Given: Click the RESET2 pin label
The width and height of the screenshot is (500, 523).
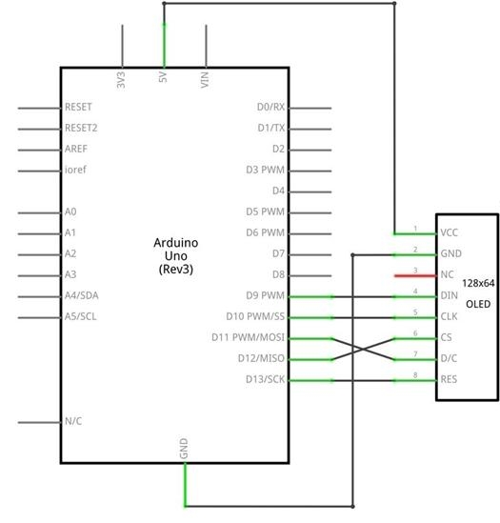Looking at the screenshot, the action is pos(81,128).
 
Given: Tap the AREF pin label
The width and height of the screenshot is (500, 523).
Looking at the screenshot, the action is pos(76,149).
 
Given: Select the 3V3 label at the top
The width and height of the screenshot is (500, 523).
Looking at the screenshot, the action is pos(121,80).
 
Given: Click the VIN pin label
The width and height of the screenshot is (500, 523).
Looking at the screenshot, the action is pos(205,80).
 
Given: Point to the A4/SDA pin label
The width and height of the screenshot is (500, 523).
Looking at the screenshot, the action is pos(82,295).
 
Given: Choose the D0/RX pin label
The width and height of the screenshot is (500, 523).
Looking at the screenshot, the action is pos(270,107).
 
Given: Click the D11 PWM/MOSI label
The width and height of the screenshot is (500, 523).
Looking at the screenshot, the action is pos(249,337).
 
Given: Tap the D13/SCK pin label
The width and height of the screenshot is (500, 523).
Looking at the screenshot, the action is pos(265,379).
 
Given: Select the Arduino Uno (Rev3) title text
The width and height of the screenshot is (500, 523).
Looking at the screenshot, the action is pos(176,256).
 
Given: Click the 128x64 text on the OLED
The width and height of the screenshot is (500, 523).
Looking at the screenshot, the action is pos(478,283).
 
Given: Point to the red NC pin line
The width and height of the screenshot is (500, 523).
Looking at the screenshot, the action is pos(415,276).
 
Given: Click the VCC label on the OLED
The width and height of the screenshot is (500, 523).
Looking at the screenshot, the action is pos(449,232).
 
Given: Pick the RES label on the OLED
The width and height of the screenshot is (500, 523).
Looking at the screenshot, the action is pos(449,379).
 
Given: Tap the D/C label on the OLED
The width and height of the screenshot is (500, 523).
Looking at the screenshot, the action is pos(449,358).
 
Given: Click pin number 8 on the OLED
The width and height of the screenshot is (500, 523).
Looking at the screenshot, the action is pos(415,375).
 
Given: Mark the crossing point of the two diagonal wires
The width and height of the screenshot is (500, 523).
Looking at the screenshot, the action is pos(363,350).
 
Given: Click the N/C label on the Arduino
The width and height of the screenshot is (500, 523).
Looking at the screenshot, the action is pos(73,421).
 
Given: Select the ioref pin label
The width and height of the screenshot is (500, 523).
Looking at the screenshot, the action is pos(75,170).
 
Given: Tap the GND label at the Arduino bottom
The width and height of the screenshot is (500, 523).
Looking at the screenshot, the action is pos(184,449).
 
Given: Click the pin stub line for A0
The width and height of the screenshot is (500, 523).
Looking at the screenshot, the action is pos(39,212).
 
